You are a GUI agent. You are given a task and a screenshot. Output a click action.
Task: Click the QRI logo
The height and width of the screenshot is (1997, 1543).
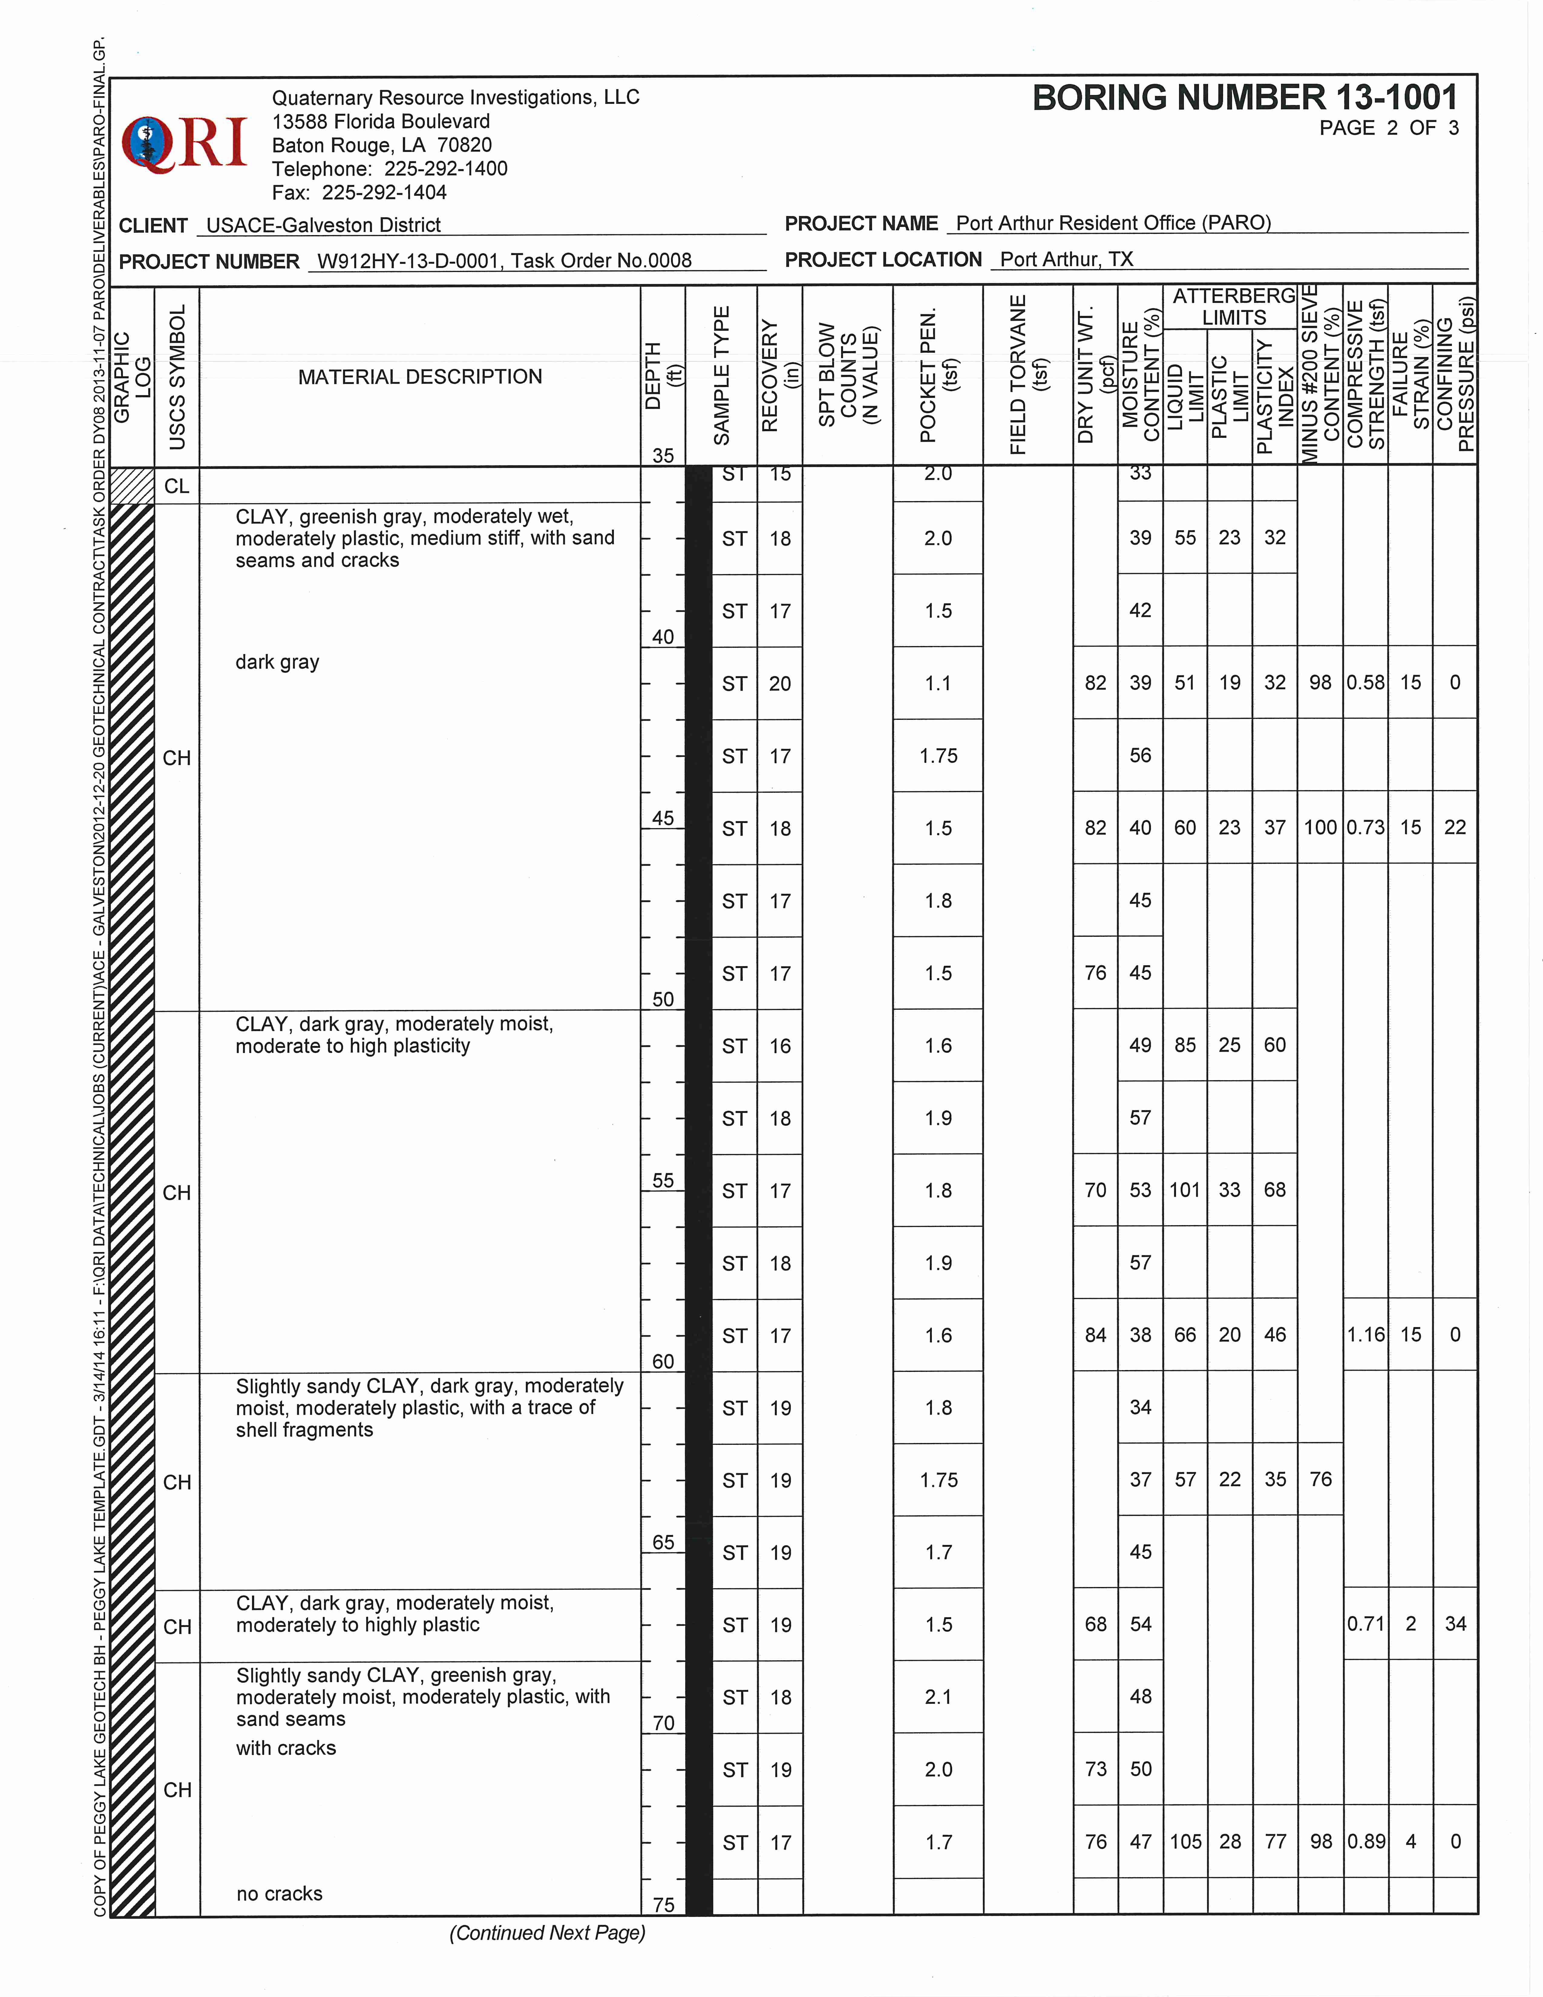[x=185, y=143]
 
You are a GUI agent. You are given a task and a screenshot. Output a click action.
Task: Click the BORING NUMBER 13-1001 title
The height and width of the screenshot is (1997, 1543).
[x=1245, y=98]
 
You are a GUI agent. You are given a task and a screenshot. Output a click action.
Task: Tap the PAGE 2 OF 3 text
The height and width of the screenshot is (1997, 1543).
[x=1388, y=128]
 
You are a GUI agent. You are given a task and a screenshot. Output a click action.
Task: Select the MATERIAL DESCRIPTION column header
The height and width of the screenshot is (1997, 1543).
[x=420, y=377]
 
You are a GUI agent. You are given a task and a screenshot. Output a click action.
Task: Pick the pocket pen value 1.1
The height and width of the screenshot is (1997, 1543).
[x=938, y=683]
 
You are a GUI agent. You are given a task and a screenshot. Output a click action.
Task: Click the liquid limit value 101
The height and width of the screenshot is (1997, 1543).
[x=1185, y=1190]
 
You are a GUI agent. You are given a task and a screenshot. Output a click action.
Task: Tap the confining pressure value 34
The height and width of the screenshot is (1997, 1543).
[x=1455, y=1624]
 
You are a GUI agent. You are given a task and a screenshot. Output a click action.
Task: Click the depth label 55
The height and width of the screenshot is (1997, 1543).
[x=663, y=1180]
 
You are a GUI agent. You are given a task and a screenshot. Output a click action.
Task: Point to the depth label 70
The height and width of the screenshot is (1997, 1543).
[x=663, y=1723]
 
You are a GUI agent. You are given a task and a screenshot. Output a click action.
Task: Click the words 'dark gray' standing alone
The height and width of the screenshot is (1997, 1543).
[x=277, y=662]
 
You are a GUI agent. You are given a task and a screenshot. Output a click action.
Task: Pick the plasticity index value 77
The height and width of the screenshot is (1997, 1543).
[x=1274, y=1841]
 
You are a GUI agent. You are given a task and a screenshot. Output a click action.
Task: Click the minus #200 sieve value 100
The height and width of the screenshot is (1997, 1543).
[x=1320, y=828]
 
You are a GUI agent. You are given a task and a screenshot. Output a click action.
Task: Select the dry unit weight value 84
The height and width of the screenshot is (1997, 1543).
[x=1095, y=1335]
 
